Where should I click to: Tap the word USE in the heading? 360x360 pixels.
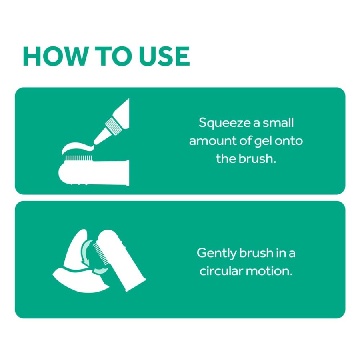[x=164, y=56]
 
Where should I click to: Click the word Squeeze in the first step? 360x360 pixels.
[x=224, y=123]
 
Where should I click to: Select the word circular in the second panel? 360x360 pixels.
[x=221, y=271]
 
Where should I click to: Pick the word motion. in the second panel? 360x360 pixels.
[x=269, y=271]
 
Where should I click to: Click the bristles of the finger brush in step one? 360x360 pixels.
[x=79, y=158]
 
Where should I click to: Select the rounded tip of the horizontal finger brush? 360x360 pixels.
[x=62, y=173]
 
